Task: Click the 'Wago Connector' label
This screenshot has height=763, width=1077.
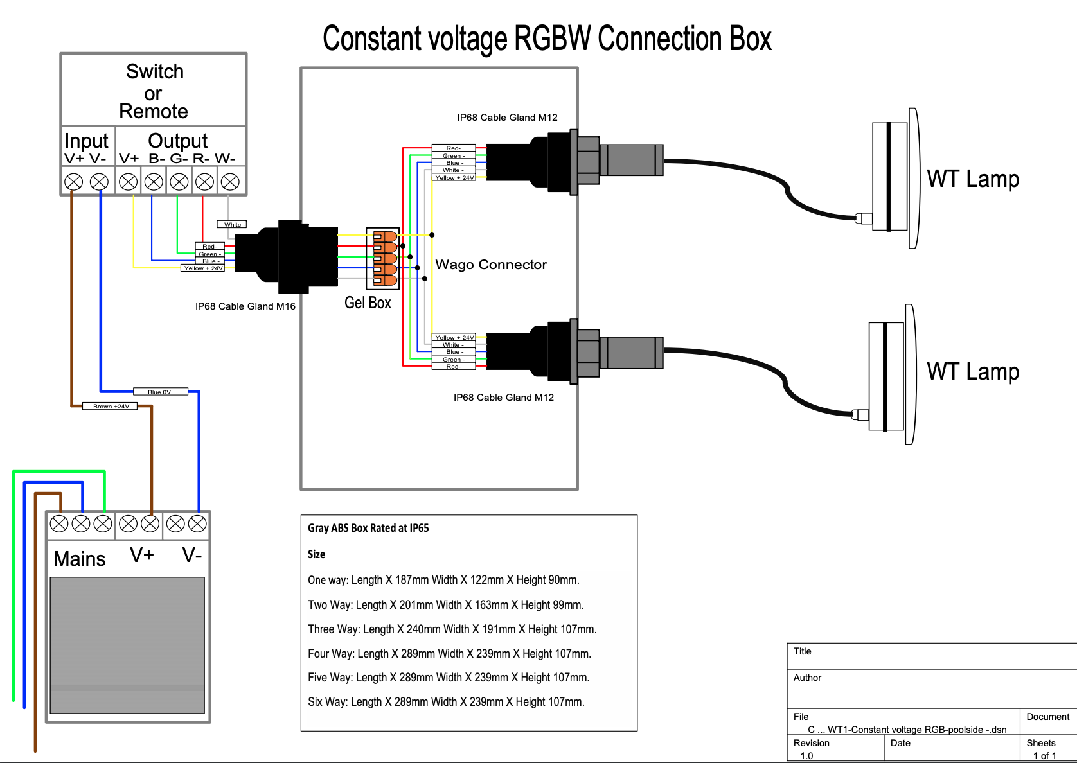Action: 491,265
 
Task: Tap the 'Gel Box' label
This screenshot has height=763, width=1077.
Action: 368,303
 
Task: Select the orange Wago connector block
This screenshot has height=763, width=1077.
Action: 385,258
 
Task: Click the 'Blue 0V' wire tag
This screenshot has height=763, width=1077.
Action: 160,392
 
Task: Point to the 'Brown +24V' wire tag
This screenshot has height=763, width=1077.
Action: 111,406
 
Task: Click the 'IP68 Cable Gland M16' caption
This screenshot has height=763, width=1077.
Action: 245,306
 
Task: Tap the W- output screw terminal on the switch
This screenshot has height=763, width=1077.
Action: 230,182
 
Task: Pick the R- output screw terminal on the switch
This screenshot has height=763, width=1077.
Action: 204,182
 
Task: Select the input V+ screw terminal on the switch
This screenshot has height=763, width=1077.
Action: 74,182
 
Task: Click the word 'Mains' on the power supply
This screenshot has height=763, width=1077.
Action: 80,559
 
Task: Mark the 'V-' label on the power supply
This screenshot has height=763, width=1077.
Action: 192,555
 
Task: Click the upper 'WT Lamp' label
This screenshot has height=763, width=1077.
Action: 973,179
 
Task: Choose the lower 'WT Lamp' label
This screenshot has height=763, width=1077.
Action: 973,371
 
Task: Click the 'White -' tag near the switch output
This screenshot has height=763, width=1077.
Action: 232,225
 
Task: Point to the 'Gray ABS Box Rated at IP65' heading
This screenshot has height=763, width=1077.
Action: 368,528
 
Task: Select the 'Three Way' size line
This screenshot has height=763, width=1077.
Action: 452,629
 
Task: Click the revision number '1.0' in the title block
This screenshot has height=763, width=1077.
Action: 806,756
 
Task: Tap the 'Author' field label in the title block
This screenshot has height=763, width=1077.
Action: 808,678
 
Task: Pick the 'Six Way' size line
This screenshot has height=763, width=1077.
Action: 446,702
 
